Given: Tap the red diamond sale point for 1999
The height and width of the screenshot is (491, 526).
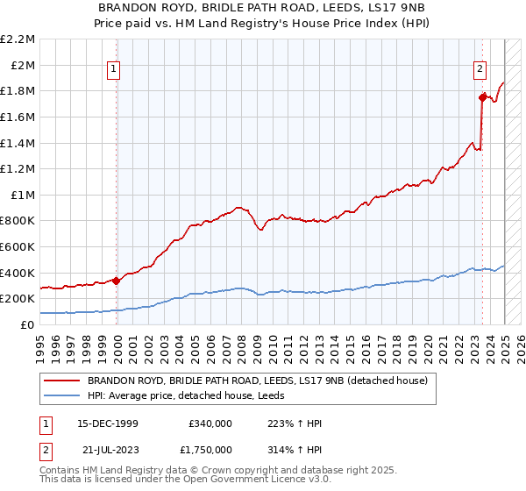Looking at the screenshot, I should tap(116, 281).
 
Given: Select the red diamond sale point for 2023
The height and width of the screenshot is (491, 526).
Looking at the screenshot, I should tap(482, 97).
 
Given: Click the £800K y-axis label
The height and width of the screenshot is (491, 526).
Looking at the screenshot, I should tap(19, 221).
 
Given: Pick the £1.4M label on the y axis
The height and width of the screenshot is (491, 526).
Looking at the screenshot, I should tap(19, 143).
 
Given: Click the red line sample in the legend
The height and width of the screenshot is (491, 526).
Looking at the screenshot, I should tap(62, 381).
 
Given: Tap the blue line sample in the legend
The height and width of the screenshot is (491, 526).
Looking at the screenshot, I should tap(62, 395).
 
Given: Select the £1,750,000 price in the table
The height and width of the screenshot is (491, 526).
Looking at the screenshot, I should tap(210, 450).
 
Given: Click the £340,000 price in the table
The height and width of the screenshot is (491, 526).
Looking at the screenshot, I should tap(210, 423).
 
